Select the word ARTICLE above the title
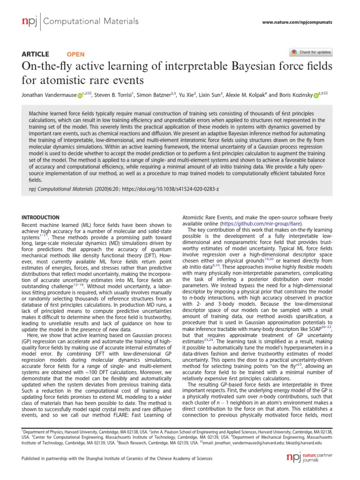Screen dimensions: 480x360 (x=36, y=54)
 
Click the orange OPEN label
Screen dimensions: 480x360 (x=76, y=54)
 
